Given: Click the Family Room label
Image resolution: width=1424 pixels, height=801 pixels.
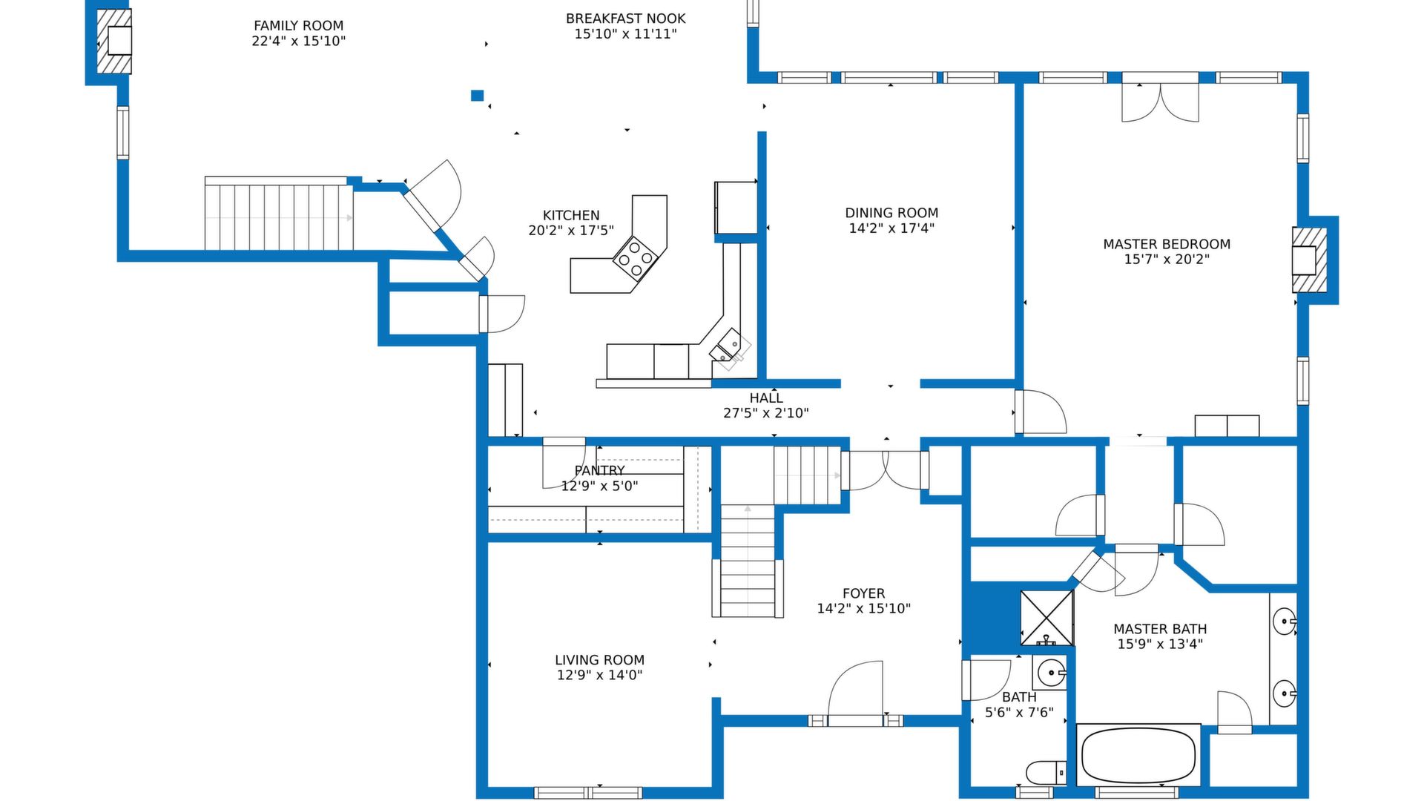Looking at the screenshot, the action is pyautogui.click(x=298, y=26).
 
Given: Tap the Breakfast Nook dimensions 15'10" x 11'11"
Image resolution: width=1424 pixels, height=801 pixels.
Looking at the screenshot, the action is pyautogui.click(x=625, y=34).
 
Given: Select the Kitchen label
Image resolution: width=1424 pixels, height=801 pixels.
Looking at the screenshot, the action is pyautogui.click(x=571, y=216).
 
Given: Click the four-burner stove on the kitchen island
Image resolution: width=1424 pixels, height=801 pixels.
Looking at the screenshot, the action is pyautogui.click(x=636, y=258).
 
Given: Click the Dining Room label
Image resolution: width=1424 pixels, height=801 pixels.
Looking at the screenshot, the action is pyautogui.click(x=891, y=213).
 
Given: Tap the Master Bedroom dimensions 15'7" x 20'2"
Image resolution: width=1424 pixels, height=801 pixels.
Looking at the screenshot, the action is pyautogui.click(x=1167, y=260).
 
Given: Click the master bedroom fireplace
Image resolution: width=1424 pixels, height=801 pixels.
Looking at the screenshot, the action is pyautogui.click(x=1309, y=260).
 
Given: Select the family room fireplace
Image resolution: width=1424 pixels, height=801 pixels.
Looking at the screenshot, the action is pyautogui.click(x=114, y=41).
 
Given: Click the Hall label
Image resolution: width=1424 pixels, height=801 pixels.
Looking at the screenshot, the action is pyautogui.click(x=766, y=398).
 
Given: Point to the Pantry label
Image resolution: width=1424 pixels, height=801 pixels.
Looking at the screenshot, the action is pyautogui.click(x=599, y=470).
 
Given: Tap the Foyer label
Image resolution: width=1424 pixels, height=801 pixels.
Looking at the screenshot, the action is pyautogui.click(x=863, y=593).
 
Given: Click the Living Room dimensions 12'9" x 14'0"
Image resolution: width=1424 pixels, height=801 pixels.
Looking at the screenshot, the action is pyautogui.click(x=599, y=676).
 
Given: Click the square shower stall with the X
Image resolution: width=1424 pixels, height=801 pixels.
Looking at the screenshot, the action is pyautogui.click(x=1046, y=618).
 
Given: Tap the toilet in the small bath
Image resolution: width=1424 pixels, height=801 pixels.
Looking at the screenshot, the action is pyautogui.click(x=1046, y=773).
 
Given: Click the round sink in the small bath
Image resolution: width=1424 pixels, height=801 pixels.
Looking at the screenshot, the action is pyautogui.click(x=1052, y=673).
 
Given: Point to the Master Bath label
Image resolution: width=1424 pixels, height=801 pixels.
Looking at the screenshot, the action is pyautogui.click(x=1160, y=629).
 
